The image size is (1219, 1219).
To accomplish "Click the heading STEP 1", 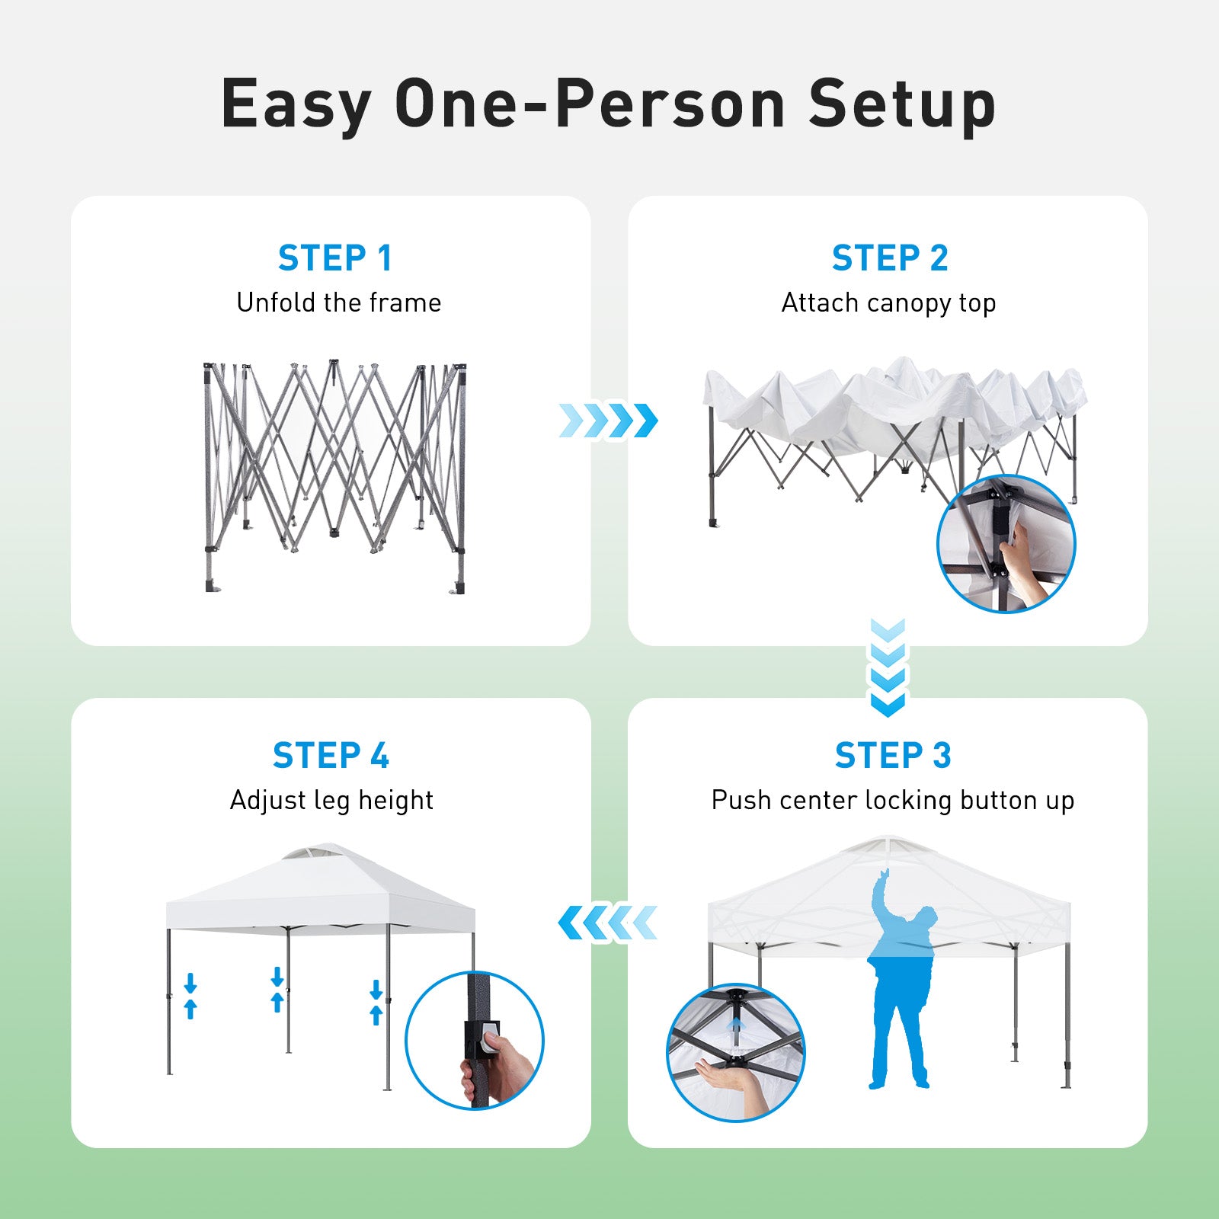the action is [334, 258].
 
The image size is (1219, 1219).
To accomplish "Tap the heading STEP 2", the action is [889, 258].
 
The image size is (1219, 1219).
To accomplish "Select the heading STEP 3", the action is [892, 756].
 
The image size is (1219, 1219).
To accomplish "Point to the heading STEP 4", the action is [331, 756].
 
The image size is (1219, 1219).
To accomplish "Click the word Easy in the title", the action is [296, 104].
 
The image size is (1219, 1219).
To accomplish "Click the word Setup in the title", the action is [902, 104].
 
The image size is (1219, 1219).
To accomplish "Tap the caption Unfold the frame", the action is [338, 302].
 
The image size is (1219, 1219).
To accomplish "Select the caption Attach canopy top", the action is [888, 303].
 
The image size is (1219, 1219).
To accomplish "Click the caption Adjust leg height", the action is [331, 800].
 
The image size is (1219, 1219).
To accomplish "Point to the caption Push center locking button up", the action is [892, 800].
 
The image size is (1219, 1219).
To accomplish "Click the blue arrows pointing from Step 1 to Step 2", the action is [608, 421].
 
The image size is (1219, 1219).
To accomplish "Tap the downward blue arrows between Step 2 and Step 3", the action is [888, 667].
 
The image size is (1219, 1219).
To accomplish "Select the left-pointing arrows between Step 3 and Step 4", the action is [608, 923].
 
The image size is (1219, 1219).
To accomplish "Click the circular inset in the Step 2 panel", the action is [1006, 543].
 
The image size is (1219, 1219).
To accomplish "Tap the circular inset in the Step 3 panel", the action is [735, 1052].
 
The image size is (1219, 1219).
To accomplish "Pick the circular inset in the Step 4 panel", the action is [474, 1040].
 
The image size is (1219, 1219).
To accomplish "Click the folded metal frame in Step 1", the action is [334, 476].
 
